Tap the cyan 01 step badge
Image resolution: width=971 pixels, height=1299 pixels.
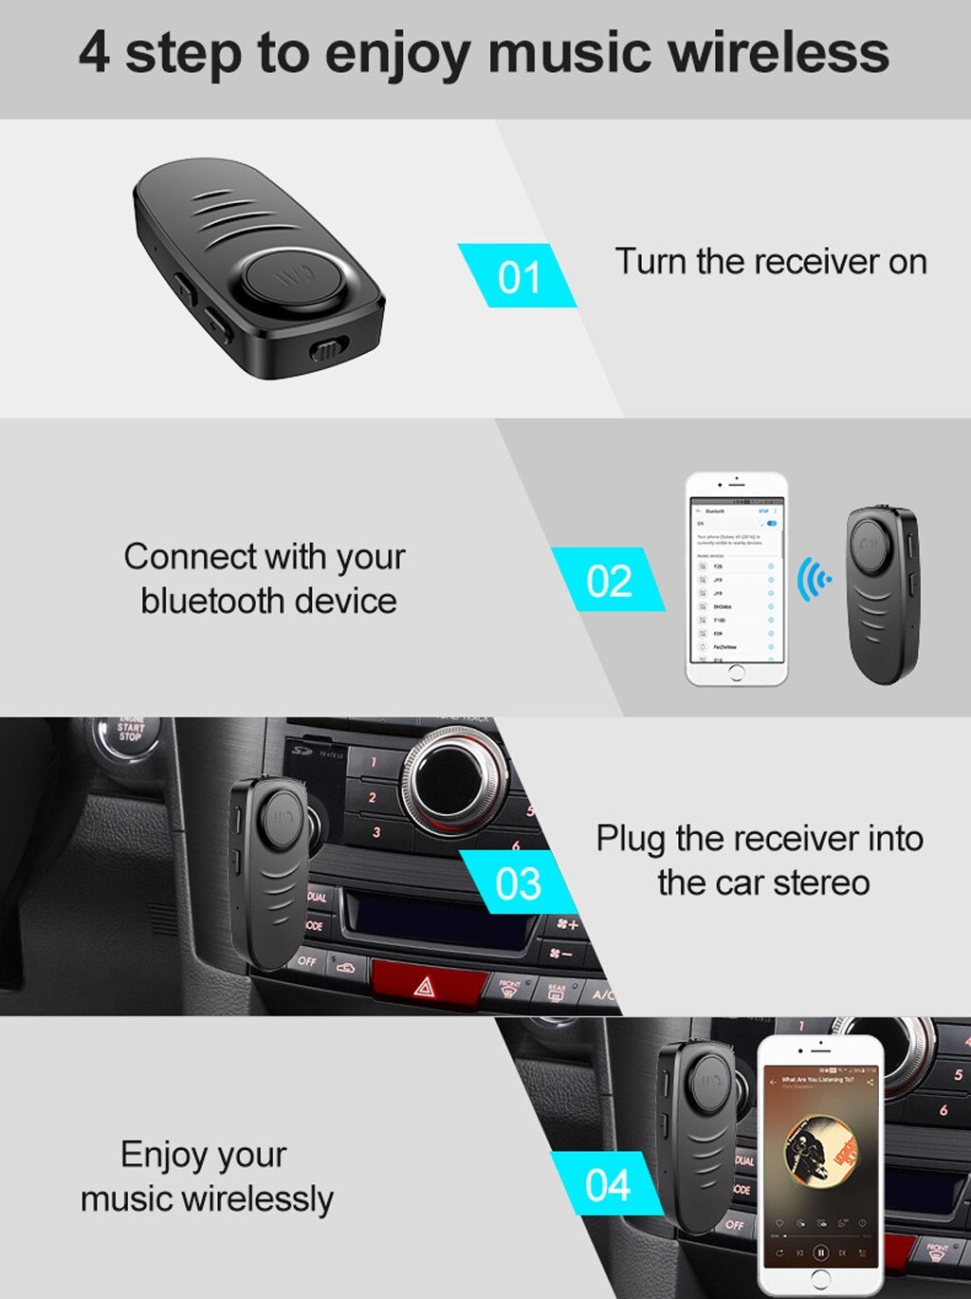pos(518,276)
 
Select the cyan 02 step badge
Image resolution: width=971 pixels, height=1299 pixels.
pos(608,580)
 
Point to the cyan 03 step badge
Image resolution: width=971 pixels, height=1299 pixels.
pos(518,883)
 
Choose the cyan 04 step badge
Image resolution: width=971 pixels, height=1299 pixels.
pos(607,1184)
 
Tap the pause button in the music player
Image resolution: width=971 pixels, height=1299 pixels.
pos(821,1253)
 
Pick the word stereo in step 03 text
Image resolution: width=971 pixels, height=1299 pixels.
pos(821,882)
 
